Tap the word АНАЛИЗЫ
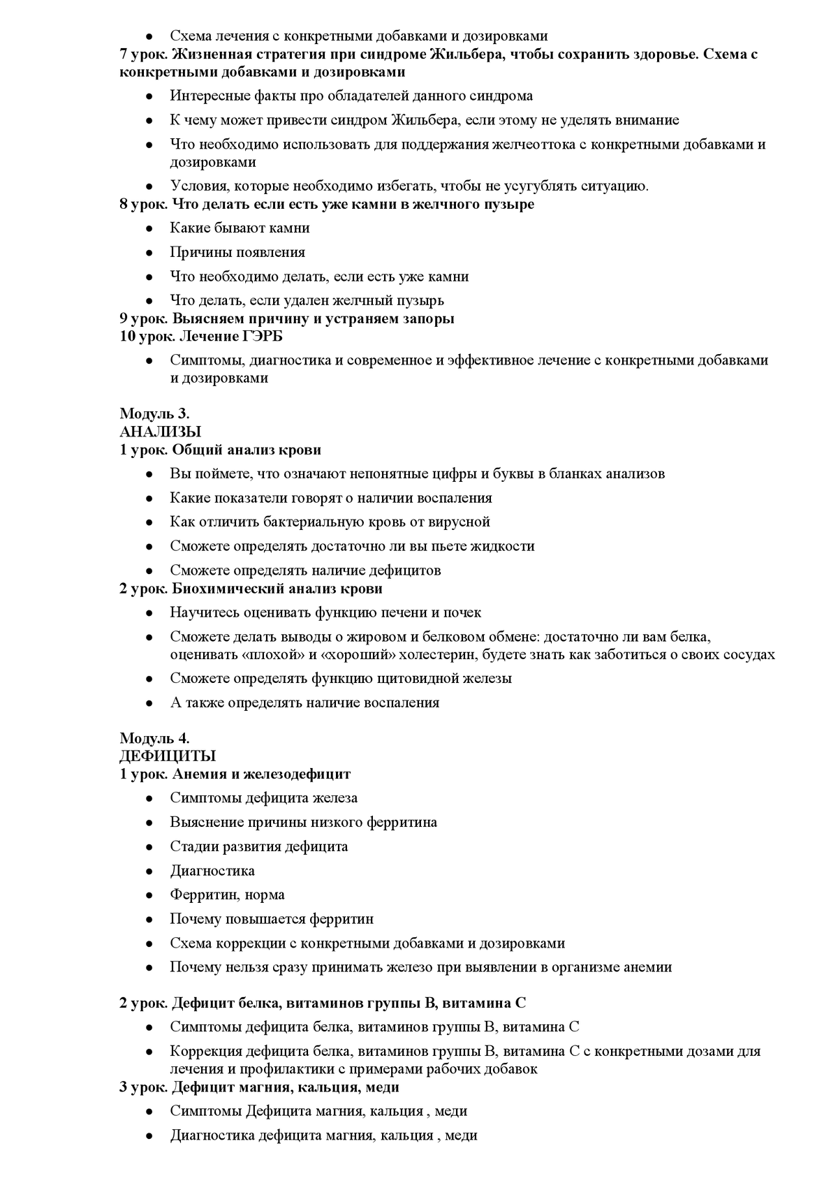click(161, 432)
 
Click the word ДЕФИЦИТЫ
click(168, 756)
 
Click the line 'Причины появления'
click(237, 252)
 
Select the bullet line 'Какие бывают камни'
click(240, 228)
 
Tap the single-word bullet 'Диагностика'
click(212, 871)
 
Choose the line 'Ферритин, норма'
click(227, 895)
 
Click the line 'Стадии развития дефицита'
click(258, 846)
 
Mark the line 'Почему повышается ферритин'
click(272, 919)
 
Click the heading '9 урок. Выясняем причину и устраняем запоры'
click(287, 318)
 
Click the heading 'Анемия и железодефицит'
click(261, 774)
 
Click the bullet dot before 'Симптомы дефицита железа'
click(149, 798)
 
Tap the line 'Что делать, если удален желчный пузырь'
click(307, 301)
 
